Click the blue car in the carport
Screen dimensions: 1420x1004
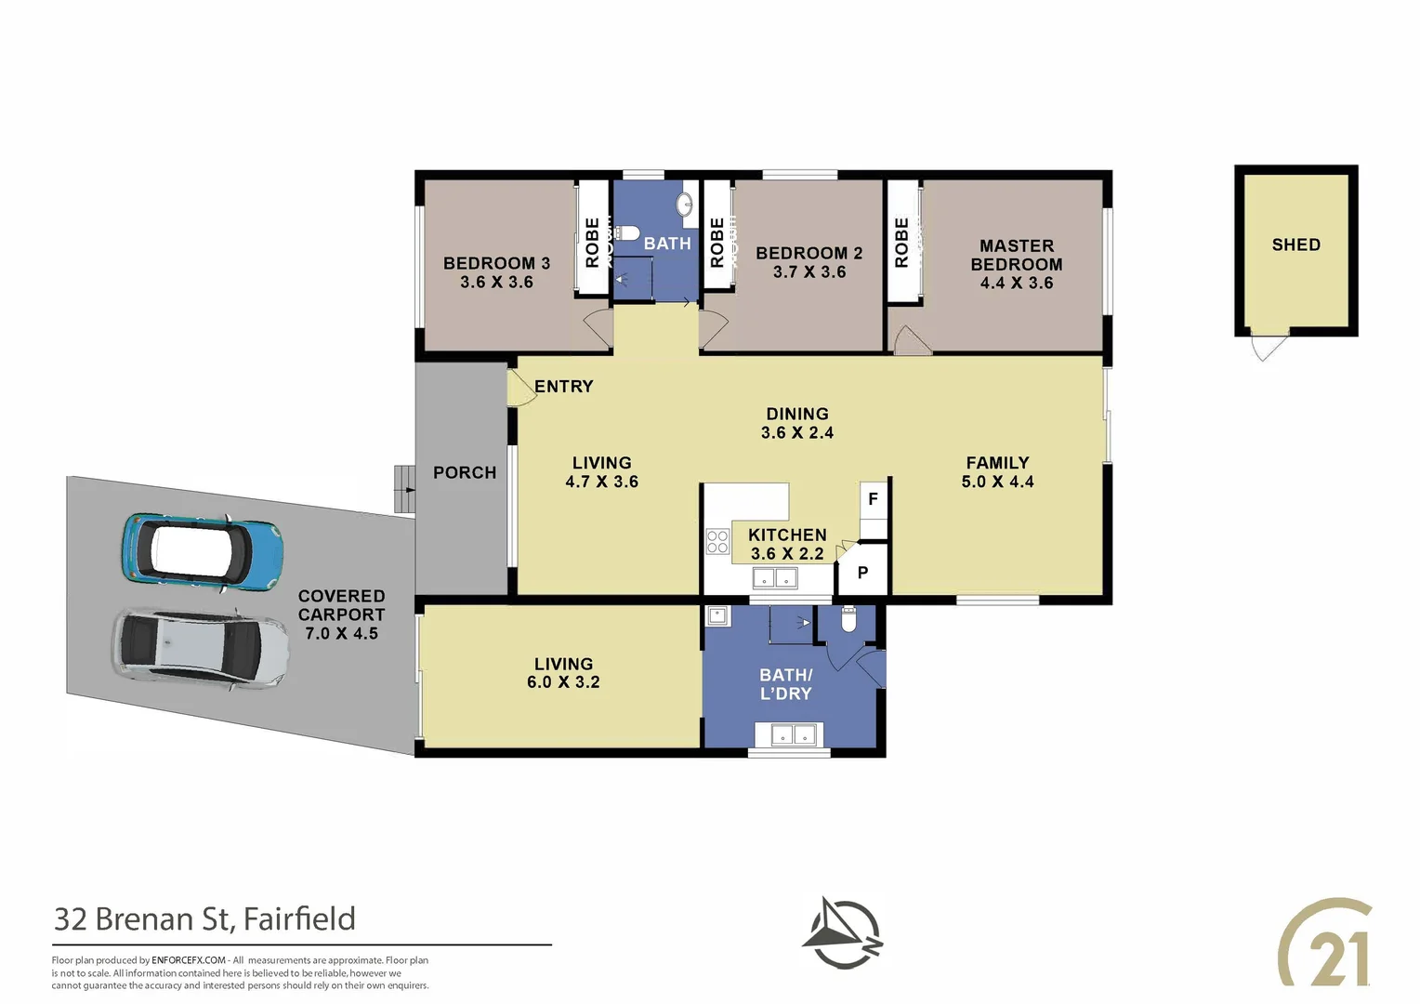pos(203,553)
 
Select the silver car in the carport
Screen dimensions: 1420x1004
pos(201,651)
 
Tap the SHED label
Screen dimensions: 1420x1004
pos(1295,244)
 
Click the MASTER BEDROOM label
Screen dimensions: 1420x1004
pos(1016,255)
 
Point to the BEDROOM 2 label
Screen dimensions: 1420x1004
pos(809,253)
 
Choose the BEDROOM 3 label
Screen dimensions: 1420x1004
pos(496,263)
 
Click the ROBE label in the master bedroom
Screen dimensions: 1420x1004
pos(901,243)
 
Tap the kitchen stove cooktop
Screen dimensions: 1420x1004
pos(717,542)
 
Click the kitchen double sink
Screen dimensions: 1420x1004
pos(775,578)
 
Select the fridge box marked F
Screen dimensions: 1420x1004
pos(873,499)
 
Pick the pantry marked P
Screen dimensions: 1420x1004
pos(862,573)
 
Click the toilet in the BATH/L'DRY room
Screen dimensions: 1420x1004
pos(848,620)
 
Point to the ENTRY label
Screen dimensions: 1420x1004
pos(563,386)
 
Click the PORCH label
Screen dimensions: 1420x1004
pos(465,472)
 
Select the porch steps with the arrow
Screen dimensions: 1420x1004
pos(404,489)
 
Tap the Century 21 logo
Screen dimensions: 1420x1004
pos(1324,941)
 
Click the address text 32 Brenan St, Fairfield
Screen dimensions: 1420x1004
pos(204,919)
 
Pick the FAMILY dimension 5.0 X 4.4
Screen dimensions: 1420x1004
pos(997,482)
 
